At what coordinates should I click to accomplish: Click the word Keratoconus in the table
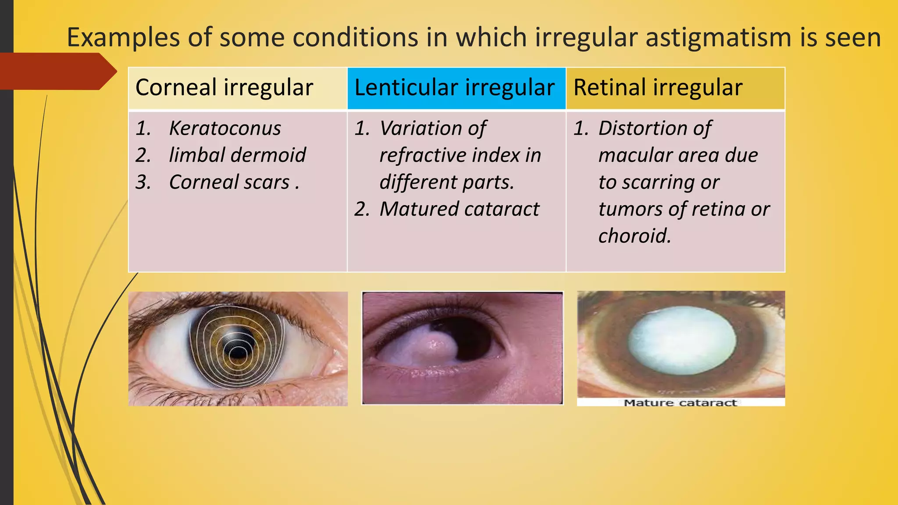click(x=225, y=128)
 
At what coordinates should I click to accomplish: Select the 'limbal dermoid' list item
click(x=237, y=155)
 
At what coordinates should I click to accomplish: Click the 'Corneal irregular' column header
click(x=224, y=87)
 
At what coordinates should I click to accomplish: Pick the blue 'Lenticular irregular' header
click(x=454, y=87)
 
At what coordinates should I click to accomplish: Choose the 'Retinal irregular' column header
click(x=658, y=87)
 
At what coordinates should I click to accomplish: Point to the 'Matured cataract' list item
click(x=459, y=209)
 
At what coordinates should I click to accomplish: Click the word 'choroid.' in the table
click(x=634, y=236)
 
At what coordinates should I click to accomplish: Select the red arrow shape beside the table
click(x=57, y=71)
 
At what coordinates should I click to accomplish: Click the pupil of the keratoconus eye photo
click(x=238, y=352)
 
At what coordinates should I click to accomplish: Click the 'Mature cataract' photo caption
click(x=680, y=403)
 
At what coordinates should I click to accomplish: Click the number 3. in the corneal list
click(x=143, y=182)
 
